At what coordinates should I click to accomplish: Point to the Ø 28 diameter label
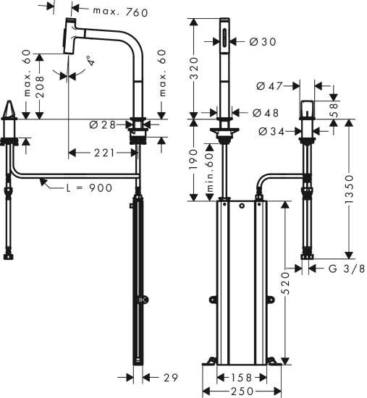pos(104,124)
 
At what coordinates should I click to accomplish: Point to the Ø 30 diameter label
pos(263,42)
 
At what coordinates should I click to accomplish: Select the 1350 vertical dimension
pos(350,188)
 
